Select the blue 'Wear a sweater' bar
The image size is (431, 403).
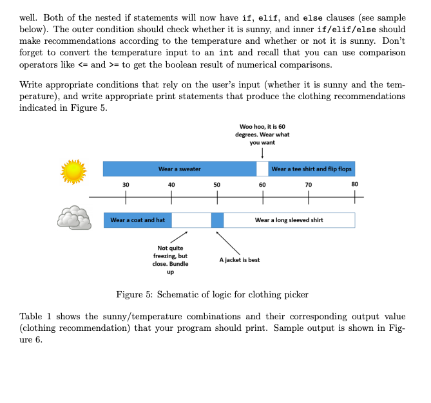click(179, 169)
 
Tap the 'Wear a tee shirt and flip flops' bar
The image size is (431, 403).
click(312, 169)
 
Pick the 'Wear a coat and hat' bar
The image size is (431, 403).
click(137, 220)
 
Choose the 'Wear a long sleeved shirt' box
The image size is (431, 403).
click(289, 220)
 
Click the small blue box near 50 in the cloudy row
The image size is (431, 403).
click(218, 220)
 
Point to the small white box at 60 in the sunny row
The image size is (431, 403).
click(262, 169)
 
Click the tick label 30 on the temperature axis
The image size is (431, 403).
click(126, 185)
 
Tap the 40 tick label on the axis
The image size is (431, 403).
click(171, 185)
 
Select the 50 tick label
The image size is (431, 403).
click(217, 185)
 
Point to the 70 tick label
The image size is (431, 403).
click(308, 185)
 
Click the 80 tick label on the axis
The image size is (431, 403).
click(354, 185)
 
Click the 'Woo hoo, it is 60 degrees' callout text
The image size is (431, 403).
click(262, 135)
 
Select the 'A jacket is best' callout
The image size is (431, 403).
click(240, 260)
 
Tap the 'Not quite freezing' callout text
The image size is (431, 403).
click(170, 259)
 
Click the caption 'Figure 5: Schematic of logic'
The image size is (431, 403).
click(212, 295)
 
